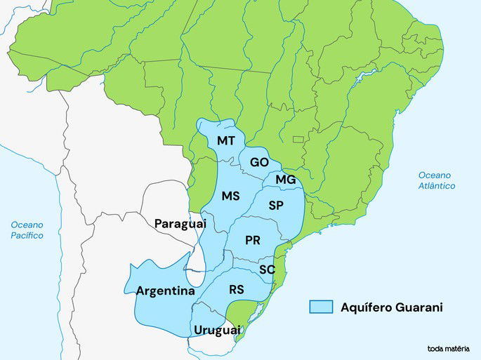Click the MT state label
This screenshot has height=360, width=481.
click(x=226, y=141)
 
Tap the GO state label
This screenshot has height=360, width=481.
click(x=259, y=162)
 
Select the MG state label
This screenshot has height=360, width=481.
click(x=285, y=180)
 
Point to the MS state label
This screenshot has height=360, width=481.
click(x=231, y=196)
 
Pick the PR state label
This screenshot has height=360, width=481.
click(x=253, y=240)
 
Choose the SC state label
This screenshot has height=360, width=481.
click(x=267, y=269)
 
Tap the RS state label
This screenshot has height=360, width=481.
click(x=237, y=289)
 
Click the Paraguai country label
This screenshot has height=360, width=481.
click(x=180, y=223)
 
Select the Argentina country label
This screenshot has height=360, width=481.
click(x=166, y=291)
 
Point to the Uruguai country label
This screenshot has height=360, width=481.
click(x=217, y=330)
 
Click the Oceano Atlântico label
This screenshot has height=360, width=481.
click(x=437, y=180)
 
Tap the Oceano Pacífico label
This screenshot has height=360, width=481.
click(x=27, y=230)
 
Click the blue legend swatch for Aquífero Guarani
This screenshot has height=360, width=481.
click(x=321, y=307)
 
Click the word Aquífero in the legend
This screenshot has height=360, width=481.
click(x=364, y=307)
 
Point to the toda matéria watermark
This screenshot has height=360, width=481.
click(x=448, y=348)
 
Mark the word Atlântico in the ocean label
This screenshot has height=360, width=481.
click(x=437, y=186)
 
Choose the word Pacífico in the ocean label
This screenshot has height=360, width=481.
click(x=27, y=236)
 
